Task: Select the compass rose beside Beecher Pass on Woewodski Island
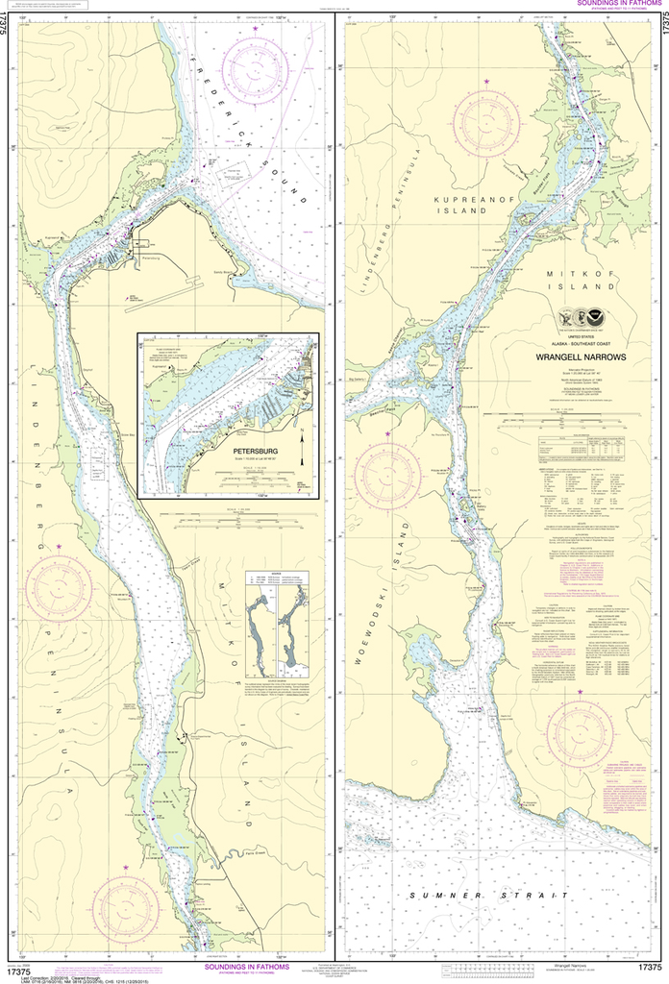click(387, 472)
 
